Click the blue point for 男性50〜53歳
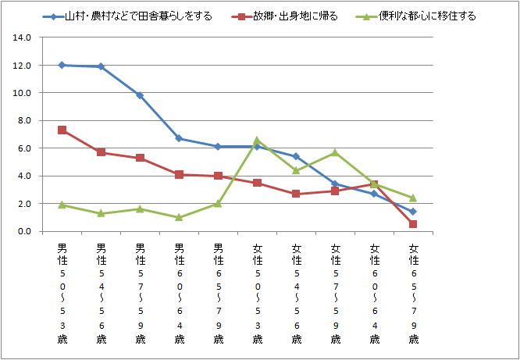click(x=62, y=65)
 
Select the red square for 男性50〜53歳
click(x=62, y=130)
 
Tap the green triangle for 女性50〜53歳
click(x=257, y=141)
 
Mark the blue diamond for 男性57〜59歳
click(x=140, y=95)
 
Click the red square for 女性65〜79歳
click(x=413, y=224)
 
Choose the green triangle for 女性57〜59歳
click(x=335, y=152)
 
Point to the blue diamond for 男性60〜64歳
click(x=179, y=138)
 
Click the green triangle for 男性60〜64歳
click(x=179, y=217)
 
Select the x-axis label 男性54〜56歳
click(x=101, y=294)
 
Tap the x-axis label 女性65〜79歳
click(x=413, y=294)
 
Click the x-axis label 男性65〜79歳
click(x=218, y=294)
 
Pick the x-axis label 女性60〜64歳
click(x=374, y=294)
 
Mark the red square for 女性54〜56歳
click(x=296, y=194)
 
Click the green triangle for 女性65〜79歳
click(x=413, y=198)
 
